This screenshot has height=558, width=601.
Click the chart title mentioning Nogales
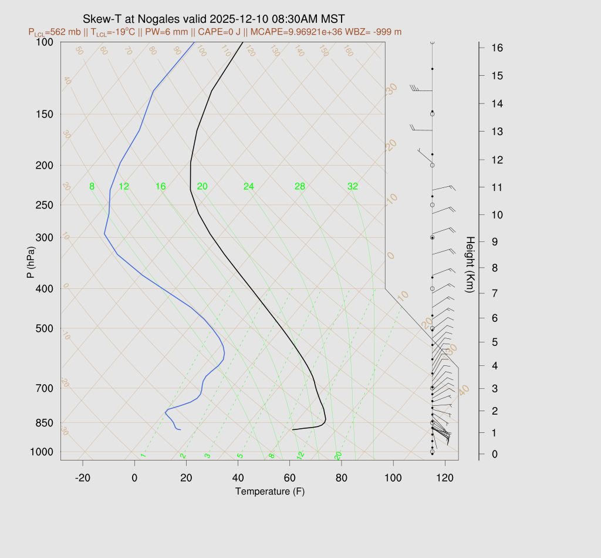click(x=214, y=18)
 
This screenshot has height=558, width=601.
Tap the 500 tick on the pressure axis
click(x=45, y=328)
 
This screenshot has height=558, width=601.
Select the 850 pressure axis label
click(x=45, y=423)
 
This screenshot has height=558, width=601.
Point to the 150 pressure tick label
click(x=45, y=114)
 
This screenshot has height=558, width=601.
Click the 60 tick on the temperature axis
click(x=289, y=478)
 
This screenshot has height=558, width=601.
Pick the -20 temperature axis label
click(x=83, y=478)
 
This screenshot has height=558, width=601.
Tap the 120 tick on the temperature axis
click(x=444, y=478)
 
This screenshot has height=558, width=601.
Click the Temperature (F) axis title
click(x=270, y=491)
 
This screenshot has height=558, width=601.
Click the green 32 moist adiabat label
click(x=352, y=187)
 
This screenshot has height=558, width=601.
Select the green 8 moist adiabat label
click(x=92, y=187)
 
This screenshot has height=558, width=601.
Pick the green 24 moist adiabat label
click(x=249, y=187)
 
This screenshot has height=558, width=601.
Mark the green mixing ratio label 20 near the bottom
click(x=338, y=455)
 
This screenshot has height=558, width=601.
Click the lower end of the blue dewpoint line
click(x=180, y=430)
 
